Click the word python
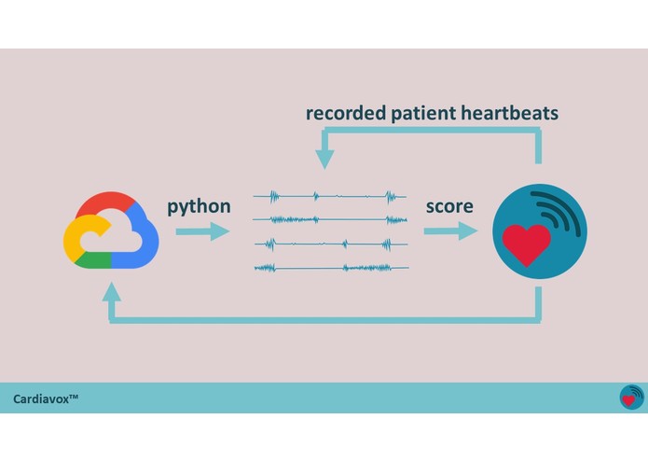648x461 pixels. click(x=199, y=205)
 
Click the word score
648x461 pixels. click(x=449, y=205)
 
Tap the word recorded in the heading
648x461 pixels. click(x=346, y=114)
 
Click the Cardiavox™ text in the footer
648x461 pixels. click(x=46, y=398)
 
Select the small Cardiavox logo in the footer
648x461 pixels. click(x=631, y=398)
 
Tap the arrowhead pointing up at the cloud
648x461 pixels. click(x=111, y=291)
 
